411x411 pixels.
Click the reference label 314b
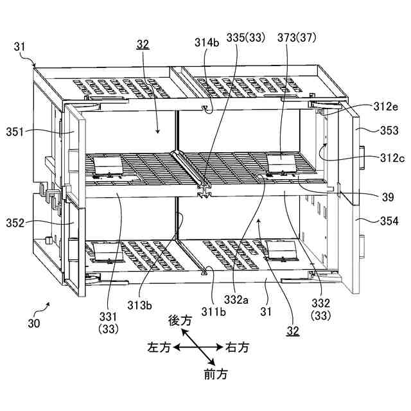pos(207,43)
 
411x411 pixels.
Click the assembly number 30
pos(33,323)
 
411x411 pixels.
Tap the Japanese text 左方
pos(159,347)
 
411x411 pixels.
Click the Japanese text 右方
pos(237,347)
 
